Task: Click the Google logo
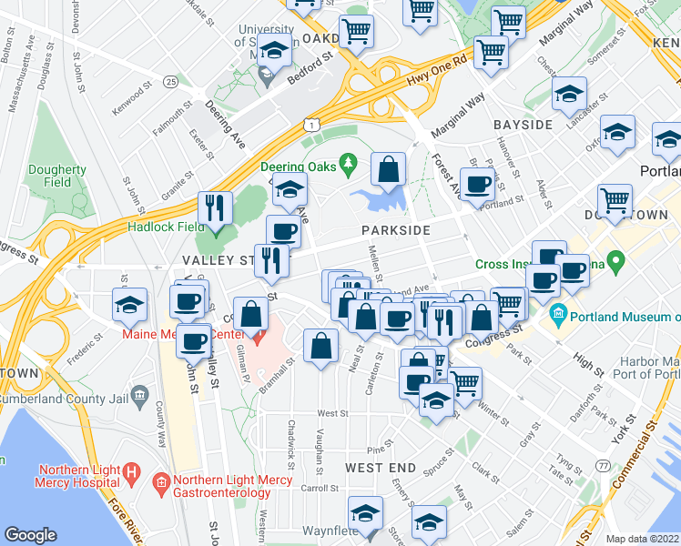(x=30, y=535)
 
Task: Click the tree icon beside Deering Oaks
(x=348, y=165)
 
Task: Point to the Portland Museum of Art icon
(x=558, y=317)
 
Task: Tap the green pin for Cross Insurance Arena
(x=615, y=265)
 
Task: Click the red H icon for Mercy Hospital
(x=130, y=475)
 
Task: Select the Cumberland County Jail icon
(x=139, y=394)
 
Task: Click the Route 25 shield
(x=170, y=82)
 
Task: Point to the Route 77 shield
(x=603, y=466)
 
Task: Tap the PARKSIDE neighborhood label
(x=395, y=230)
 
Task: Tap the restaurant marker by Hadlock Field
(x=215, y=207)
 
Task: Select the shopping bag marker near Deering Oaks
(x=389, y=168)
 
